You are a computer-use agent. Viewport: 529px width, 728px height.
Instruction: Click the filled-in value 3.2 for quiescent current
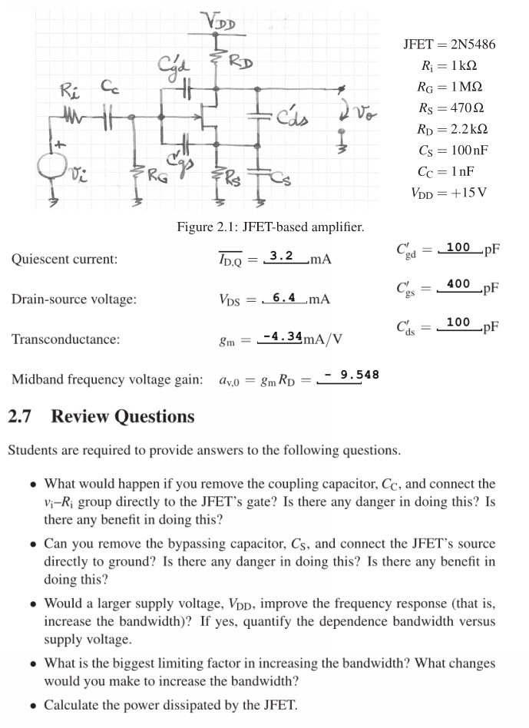pyautogui.click(x=283, y=256)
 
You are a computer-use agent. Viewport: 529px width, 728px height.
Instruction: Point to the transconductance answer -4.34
pyautogui.click(x=281, y=336)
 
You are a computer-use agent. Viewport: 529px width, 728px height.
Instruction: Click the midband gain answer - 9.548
pyautogui.click(x=352, y=375)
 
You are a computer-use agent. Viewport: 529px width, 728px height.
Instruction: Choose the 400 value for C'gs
pyautogui.click(x=458, y=285)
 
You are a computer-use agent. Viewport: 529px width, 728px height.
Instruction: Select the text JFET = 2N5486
pyautogui.click(x=449, y=44)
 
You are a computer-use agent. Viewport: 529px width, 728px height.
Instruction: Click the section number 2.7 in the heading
pyautogui.click(x=22, y=417)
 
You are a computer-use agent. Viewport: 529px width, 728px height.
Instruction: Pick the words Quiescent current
pyautogui.click(x=64, y=259)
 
